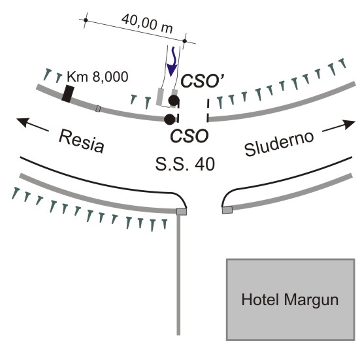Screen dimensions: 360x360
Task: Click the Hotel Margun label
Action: pyautogui.click(x=289, y=300)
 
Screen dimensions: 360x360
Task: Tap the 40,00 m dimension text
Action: pyautogui.click(x=147, y=24)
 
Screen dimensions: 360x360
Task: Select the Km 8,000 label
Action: pyautogui.click(x=97, y=76)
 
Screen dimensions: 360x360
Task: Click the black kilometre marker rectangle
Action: pyautogui.click(x=68, y=93)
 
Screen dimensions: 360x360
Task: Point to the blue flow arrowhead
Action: pyautogui.click(x=172, y=70)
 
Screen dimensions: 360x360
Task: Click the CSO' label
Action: pyautogui.click(x=203, y=81)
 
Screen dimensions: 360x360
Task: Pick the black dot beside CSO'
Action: pyautogui.click(x=174, y=101)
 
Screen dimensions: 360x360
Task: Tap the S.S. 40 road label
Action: pyautogui.click(x=185, y=164)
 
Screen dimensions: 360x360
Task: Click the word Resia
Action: pyautogui.click(x=82, y=141)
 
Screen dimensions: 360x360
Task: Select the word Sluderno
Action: pyautogui.click(x=279, y=144)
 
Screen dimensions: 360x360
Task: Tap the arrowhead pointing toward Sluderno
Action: pyautogui.click(x=349, y=124)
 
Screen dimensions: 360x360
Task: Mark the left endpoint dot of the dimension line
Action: pyautogui.click(x=86, y=20)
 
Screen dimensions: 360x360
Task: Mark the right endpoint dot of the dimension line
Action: pyautogui.click(x=185, y=41)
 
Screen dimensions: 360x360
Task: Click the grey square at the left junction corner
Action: pyautogui.click(x=182, y=212)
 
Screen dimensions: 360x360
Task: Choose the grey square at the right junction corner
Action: pyautogui.click(x=227, y=210)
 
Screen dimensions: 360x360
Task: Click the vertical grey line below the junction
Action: pyautogui.click(x=178, y=275)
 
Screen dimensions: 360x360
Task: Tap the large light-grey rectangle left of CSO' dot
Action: pyautogui.click(x=159, y=97)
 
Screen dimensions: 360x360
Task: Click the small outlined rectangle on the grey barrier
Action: pyautogui.click(x=98, y=108)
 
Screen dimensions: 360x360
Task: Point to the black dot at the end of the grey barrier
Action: pyautogui.click(x=170, y=119)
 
